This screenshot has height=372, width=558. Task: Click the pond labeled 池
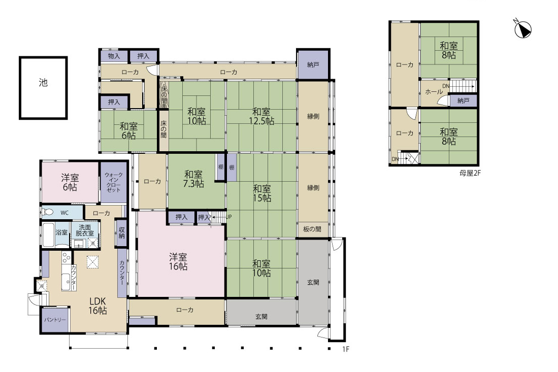click(43, 87)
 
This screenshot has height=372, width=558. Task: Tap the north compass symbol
click(522, 28)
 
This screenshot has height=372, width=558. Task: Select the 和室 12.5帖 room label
click(261, 116)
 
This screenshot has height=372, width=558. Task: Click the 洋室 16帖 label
click(178, 261)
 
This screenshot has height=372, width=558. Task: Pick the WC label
click(64, 213)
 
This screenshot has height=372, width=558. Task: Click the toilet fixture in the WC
click(48, 212)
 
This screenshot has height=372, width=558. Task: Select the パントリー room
click(55, 320)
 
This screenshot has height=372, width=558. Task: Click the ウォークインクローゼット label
click(114, 182)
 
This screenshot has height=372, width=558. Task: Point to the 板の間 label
click(312, 229)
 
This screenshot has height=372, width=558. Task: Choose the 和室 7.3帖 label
click(193, 179)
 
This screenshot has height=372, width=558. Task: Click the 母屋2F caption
click(470, 173)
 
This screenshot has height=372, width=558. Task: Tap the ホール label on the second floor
click(434, 92)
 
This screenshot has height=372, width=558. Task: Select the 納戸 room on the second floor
click(463, 100)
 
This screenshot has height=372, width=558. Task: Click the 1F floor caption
click(346, 349)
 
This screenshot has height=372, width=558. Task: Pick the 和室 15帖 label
click(262, 193)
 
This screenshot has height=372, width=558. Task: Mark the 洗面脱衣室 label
click(85, 230)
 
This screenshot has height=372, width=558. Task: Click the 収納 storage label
click(122, 232)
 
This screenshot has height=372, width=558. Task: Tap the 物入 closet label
click(114, 56)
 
